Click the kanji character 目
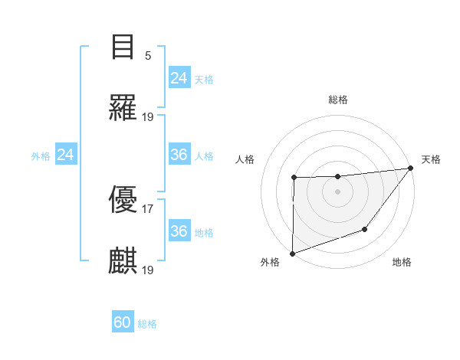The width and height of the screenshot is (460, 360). (x=123, y=47)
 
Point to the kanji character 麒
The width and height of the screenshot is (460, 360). (x=123, y=261)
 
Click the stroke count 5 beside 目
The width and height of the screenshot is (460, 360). (x=148, y=56)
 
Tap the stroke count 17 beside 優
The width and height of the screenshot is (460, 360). (x=148, y=208)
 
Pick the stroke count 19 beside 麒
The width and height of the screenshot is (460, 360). (x=148, y=270)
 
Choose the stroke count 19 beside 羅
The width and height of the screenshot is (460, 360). (x=148, y=116)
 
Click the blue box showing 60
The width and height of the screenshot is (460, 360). (x=123, y=322)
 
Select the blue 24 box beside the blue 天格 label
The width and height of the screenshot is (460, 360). (x=179, y=77)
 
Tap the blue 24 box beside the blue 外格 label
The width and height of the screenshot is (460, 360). (x=66, y=155)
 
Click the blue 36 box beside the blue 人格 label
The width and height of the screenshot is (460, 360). (x=179, y=155)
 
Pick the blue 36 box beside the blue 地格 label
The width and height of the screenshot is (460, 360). (x=179, y=231)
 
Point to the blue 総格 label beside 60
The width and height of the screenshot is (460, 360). (x=147, y=324)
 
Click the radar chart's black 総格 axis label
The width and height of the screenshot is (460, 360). (x=338, y=100)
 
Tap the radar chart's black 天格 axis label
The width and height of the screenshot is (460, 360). (x=431, y=159)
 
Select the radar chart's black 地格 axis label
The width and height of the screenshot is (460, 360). (x=402, y=263)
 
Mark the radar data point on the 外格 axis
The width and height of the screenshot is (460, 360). (x=293, y=253)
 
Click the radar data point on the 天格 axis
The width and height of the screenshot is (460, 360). (x=411, y=169)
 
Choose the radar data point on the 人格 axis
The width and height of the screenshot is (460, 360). (x=294, y=178)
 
